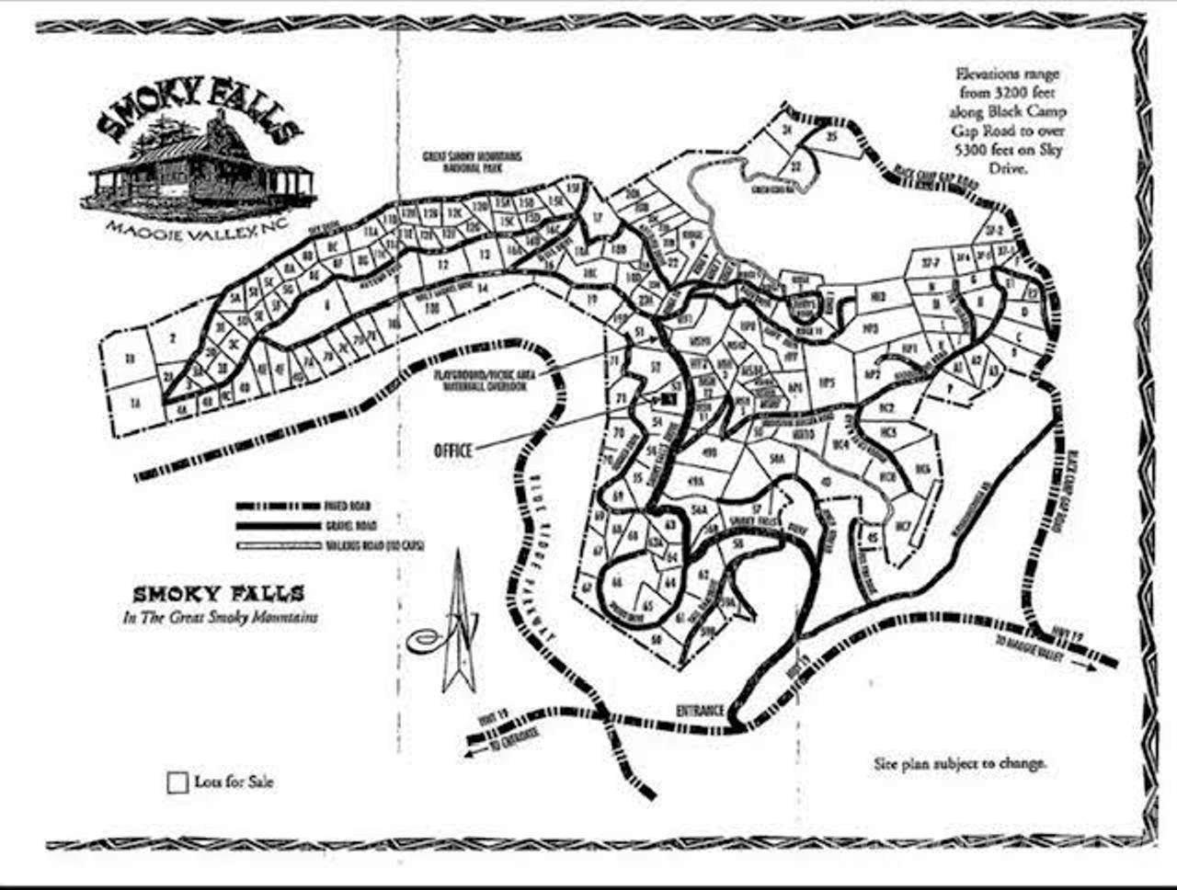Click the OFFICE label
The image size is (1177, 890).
pyautogui.click(x=453, y=451)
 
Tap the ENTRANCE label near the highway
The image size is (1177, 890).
pyautogui.click(x=701, y=711)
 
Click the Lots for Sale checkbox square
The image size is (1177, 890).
pyautogui.click(x=177, y=783)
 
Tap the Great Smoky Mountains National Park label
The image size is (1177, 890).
pyautogui.click(x=472, y=162)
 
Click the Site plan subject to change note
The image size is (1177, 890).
pyautogui.click(x=959, y=763)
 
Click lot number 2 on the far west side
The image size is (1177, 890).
pyautogui.click(x=172, y=337)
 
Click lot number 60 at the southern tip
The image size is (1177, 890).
pyautogui.click(x=657, y=638)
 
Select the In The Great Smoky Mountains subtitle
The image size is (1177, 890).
pyautogui.click(x=221, y=617)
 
